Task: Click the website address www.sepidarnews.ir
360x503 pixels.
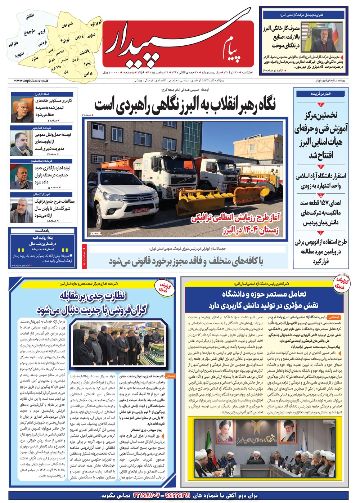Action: pyautogui.click(x=31, y=81)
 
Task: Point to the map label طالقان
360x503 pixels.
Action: pyautogui.click(x=30, y=17)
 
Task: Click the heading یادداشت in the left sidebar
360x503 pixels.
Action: pyautogui.click(x=42, y=230)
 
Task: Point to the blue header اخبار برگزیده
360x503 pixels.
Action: pyautogui.click(x=321, y=94)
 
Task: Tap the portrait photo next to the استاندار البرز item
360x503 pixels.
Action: pyautogui.click(x=21, y=110)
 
